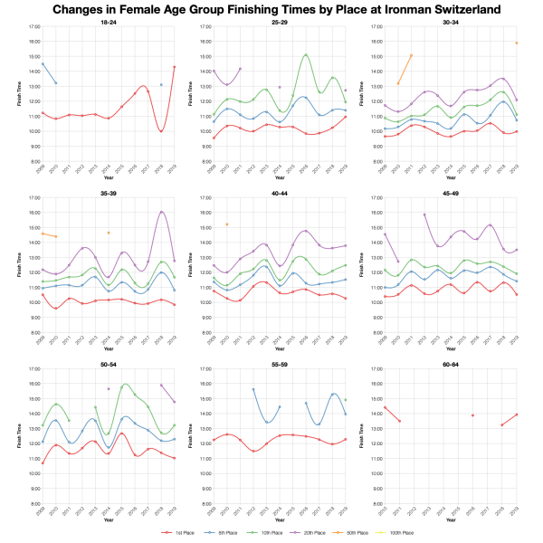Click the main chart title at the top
point(271,10)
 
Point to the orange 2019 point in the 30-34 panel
point(516,43)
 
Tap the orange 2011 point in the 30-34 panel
point(412,55)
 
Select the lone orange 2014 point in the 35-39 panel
point(109,233)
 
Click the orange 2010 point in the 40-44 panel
point(227,224)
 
